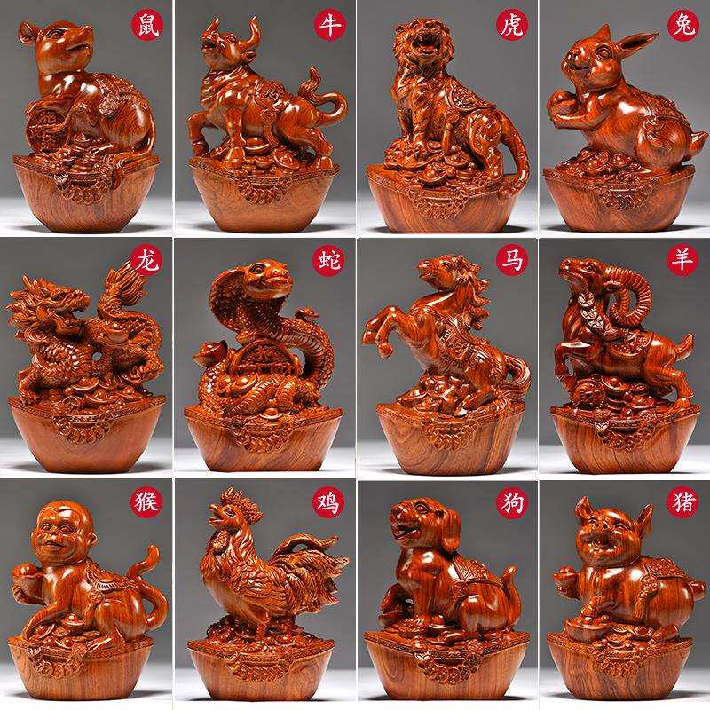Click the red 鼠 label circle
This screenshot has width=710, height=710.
pos(147,25)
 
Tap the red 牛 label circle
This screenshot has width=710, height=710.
pos(330,25)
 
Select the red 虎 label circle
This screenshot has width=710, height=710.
pos(512,25)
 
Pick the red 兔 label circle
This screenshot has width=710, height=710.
pos(682,26)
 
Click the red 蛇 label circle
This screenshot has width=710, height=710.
pos(329,260)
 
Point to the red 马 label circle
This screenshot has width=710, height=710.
pos(512,260)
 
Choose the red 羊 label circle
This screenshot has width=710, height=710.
pos(682,260)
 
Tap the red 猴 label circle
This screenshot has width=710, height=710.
pos(146,501)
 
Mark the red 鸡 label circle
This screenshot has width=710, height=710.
pos(328,501)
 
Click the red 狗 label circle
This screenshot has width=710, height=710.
pos(512,501)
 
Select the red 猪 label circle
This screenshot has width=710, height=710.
pos(682,501)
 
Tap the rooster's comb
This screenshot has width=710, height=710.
pos(239,503)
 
